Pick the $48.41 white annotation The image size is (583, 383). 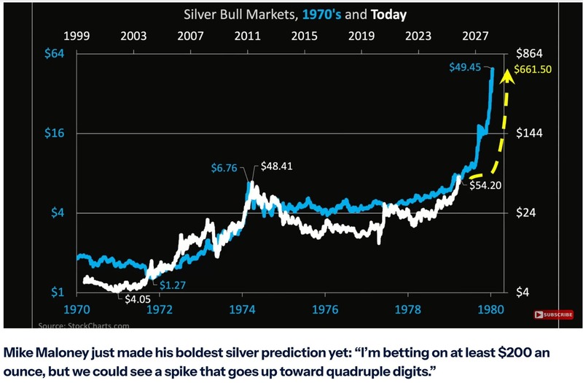click(x=275, y=166)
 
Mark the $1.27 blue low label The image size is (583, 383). click(x=173, y=285)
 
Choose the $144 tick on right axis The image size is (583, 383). click(x=531, y=134)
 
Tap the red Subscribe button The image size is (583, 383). click(x=554, y=314)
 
